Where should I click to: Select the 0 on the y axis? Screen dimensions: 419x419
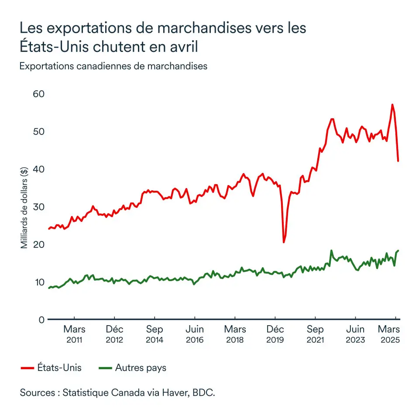pyautogui.click(x=42, y=320)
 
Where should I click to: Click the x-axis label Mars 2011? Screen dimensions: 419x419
pyautogui.click(x=75, y=334)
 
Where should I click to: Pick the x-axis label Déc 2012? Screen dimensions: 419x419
pyautogui.click(x=115, y=334)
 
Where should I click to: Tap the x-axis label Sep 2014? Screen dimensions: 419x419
pyautogui.click(x=155, y=334)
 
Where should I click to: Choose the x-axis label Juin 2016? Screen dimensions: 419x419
pyautogui.click(x=195, y=334)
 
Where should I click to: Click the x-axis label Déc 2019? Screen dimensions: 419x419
pyautogui.click(x=275, y=334)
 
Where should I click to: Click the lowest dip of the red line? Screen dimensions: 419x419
pyautogui.click(x=284, y=242)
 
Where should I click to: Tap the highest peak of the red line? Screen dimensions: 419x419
pyautogui.click(x=392, y=104)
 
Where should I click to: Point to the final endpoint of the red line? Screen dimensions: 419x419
pyautogui.click(x=398, y=161)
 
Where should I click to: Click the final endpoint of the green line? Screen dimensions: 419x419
pyautogui.click(x=398, y=251)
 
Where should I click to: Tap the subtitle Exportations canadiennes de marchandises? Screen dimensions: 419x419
pyautogui.click(x=113, y=66)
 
